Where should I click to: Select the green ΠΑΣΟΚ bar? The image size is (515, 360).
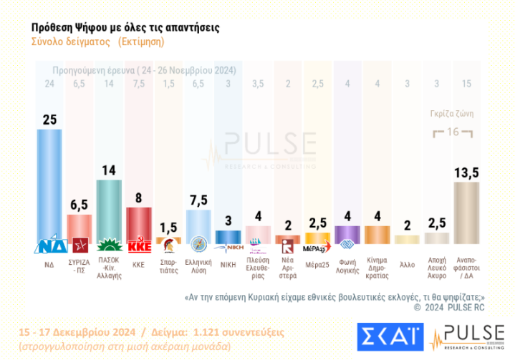click(x=108, y=211)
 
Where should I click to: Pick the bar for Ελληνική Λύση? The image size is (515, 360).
click(x=198, y=225)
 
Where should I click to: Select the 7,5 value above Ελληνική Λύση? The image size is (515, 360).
click(x=198, y=198)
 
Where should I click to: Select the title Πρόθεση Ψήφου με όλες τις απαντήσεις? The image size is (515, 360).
click(x=126, y=26)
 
